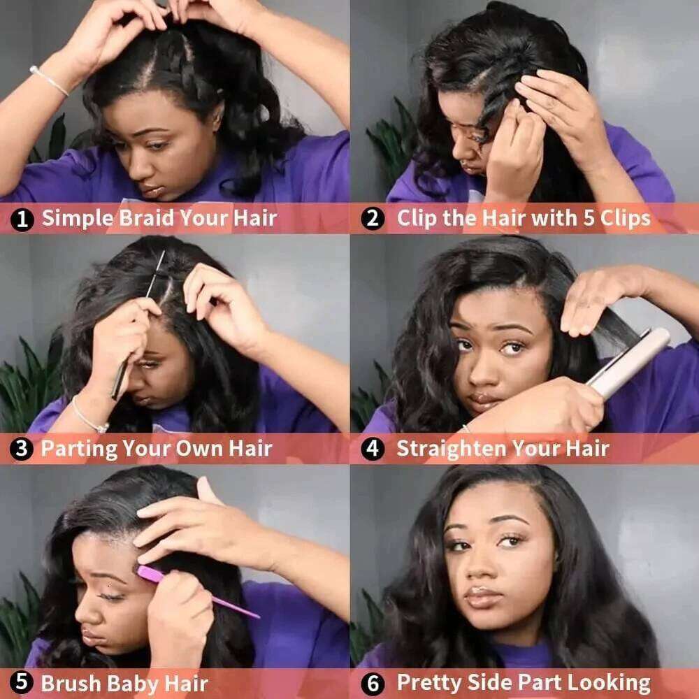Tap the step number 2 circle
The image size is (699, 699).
[373, 219]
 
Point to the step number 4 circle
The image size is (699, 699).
[373, 449]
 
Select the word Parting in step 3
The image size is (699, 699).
[77, 448]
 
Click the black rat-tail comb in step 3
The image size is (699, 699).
[136, 329]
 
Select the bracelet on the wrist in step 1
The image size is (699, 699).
[49, 80]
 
